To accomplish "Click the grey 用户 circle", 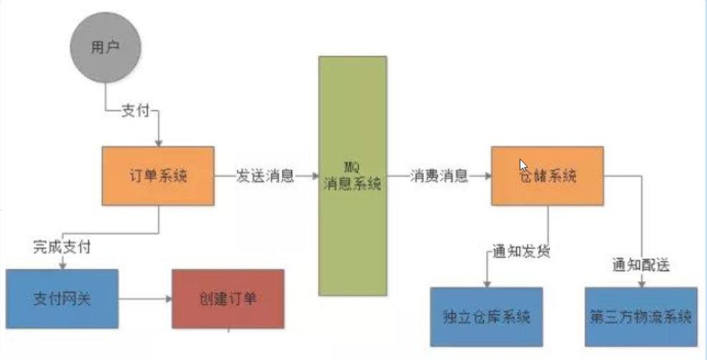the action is tap(105, 48).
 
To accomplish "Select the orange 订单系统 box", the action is tap(158, 176).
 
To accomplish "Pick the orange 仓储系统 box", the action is tap(547, 176).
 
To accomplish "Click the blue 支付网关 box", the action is tap(62, 298).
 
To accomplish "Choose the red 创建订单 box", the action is tap(228, 298).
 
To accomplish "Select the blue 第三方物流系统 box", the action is tap(641, 317).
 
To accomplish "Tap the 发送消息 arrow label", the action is tap(265, 176).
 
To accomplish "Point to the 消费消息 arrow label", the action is tap(439, 176).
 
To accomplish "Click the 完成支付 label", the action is tap(61, 247).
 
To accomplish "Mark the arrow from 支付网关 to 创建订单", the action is tap(144, 298).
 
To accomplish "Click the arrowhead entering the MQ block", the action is tap(314, 176).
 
